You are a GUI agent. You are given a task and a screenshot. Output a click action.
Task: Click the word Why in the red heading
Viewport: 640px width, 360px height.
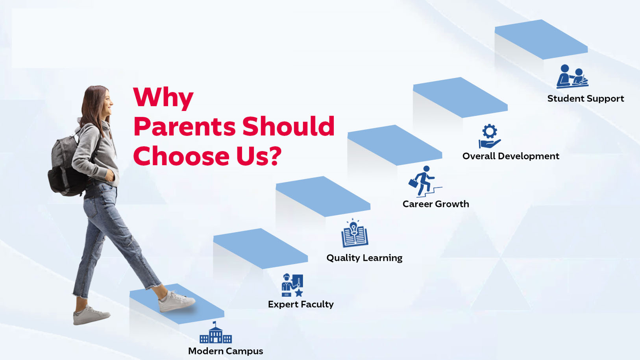click(163, 98)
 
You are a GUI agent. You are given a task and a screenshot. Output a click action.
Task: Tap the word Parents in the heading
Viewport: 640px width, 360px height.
click(185, 126)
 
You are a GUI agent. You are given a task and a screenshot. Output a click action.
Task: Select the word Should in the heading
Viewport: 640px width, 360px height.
click(289, 126)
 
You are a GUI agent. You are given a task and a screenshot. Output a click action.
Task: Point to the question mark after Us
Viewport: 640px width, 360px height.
click(275, 156)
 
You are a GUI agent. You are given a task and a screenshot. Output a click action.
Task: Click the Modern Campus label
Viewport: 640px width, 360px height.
click(226, 351)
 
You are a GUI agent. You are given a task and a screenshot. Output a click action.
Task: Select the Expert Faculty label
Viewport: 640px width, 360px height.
click(301, 305)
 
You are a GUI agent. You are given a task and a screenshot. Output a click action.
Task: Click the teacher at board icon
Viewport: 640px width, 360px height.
click(292, 286)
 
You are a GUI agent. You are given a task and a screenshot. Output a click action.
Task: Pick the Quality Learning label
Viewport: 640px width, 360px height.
click(364, 258)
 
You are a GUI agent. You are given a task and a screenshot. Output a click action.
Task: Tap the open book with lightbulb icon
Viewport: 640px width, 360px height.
click(355, 233)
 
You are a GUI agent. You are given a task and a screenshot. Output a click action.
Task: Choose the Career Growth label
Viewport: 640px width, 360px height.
click(436, 204)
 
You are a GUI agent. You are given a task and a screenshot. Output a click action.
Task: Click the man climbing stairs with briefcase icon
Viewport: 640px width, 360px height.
click(425, 181)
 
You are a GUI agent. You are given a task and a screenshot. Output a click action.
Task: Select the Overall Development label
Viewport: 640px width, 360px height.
click(511, 156)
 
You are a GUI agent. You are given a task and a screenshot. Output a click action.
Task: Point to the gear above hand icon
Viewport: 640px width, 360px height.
click(490, 136)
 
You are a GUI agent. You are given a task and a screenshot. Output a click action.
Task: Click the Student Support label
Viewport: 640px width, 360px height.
click(586, 99)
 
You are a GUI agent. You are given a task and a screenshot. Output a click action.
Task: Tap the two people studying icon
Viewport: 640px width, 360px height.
click(572, 76)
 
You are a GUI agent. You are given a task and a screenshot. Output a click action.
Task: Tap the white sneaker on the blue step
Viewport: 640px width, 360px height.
click(176, 302)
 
